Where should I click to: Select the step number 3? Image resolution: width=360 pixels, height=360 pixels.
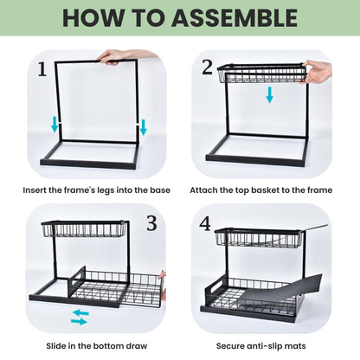pos(152,224)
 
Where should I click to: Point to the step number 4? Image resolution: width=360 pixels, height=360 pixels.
pos(206,223)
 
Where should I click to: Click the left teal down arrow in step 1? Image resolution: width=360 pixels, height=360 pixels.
pos(55,125)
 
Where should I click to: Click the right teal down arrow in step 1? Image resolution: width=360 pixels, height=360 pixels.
pos(143,126)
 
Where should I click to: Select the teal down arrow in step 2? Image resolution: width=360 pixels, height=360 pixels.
pos(269,93)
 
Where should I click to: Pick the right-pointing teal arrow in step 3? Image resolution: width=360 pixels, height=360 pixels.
pos(79,322)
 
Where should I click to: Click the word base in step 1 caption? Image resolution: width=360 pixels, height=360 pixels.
pos(157,190)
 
